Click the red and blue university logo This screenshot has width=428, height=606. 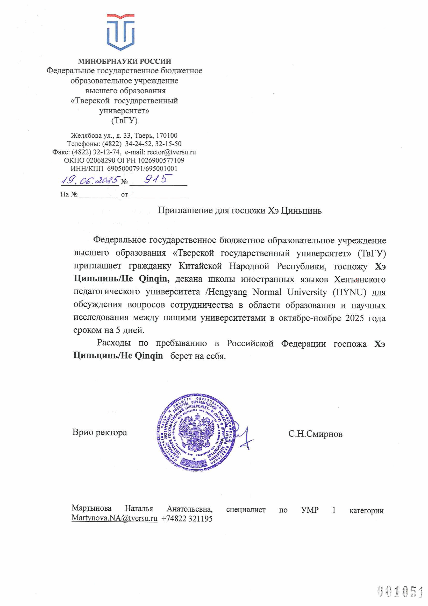(x=120, y=32)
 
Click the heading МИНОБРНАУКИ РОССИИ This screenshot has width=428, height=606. (x=125, y=61)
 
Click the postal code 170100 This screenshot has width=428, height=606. (x=167, y=135)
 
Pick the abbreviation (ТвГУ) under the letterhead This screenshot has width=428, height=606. (x=124, y=121)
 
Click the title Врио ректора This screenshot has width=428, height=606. (x=100, y=432)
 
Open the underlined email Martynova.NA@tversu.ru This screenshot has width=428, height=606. (x=114, y=518)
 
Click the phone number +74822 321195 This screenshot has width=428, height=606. (x=187, y=519)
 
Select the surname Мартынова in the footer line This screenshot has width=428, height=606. (x=91, y=508)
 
